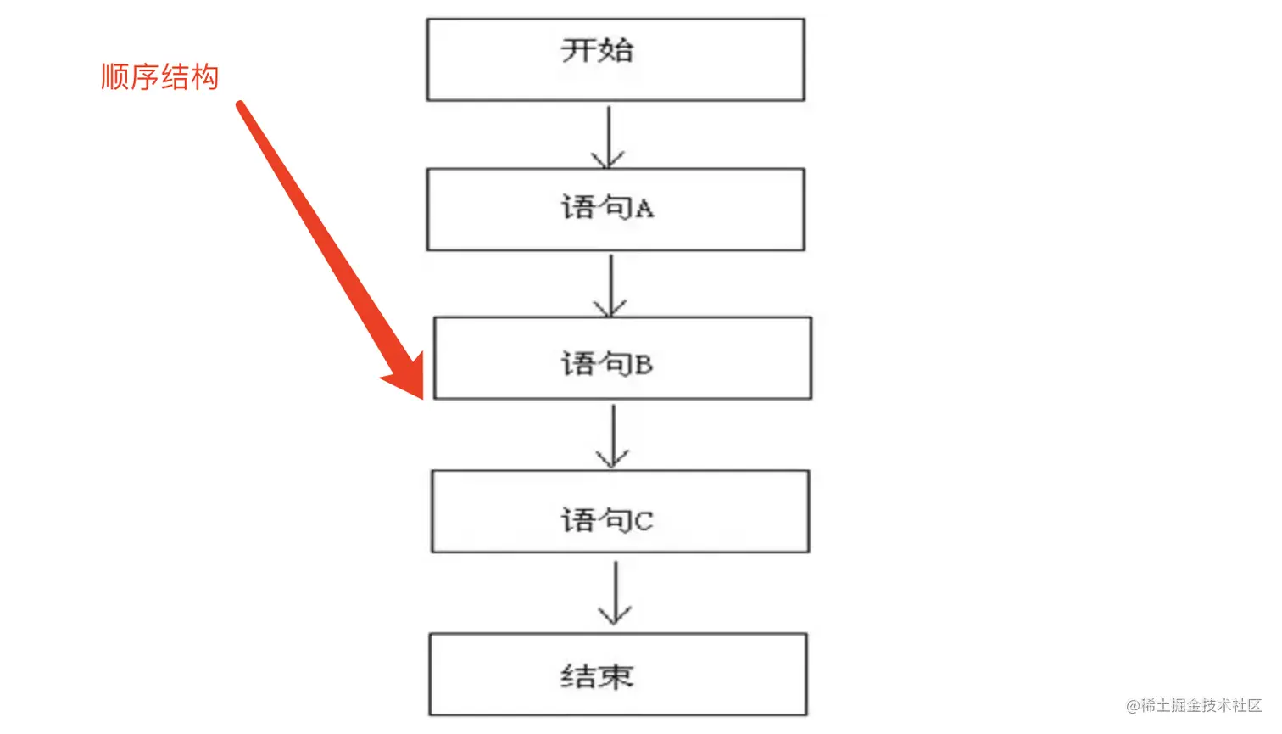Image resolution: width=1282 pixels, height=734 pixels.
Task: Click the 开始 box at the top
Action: [616, 59]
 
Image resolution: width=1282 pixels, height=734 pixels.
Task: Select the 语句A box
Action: [616, 210]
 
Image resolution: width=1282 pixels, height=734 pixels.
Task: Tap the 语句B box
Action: [622, 358]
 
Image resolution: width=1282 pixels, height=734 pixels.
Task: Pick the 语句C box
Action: [621, 512]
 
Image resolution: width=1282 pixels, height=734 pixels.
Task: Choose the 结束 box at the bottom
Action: [618, 675]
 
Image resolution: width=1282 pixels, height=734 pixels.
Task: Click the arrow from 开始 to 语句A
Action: [609, 136]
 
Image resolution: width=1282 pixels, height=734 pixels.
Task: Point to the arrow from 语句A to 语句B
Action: [610, 285]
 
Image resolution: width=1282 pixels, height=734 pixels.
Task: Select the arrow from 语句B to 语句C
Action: [612, 435]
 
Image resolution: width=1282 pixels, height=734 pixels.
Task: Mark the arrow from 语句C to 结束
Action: [615, 592]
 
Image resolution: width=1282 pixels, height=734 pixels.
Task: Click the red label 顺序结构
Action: [159, 77]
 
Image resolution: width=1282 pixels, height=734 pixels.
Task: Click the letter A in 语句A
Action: [644, 209]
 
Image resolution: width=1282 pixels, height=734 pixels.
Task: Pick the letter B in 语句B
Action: [644, 365]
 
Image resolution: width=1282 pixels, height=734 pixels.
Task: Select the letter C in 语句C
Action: [644, 521]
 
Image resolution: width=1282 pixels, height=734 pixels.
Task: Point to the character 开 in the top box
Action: [577, 50]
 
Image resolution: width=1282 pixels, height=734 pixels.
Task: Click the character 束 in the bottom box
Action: [616, 676]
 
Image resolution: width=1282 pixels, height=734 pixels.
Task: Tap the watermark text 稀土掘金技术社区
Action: [1201, 705]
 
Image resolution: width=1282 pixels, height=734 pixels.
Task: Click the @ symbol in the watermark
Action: [1133, 706]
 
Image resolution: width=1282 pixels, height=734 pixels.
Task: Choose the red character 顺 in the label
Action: [114, 77]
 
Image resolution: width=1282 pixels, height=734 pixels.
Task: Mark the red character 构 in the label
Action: [205, 77]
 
